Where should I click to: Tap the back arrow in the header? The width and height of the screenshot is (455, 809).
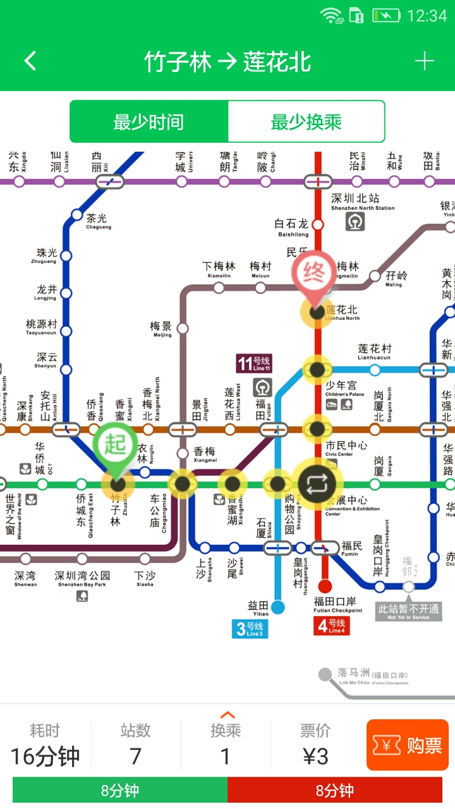point(30,61)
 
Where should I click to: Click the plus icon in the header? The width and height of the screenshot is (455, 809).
point(424,61)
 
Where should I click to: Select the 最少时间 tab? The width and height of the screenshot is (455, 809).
point(149,121)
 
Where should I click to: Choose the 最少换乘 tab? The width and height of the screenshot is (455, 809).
point(306,121)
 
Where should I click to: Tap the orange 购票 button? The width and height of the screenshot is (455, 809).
point(407,745)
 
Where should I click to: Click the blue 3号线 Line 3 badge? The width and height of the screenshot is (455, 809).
point(250,628)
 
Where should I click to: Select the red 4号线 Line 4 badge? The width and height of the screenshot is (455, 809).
point(331,626)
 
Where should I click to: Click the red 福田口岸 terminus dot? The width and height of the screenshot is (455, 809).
point(325,586)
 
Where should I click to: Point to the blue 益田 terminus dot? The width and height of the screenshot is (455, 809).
point(277,607)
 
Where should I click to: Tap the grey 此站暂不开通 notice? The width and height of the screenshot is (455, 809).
point(408,611)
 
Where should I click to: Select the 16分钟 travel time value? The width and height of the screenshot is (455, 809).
point(45,756)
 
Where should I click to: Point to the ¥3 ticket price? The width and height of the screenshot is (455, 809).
point(315,756)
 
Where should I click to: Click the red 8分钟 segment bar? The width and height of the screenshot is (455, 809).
point(334,790)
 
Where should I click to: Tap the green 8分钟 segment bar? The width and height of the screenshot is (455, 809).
point(120,790)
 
